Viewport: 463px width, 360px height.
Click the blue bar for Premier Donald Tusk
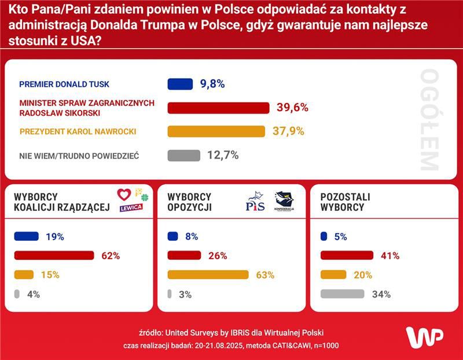coord(180,84)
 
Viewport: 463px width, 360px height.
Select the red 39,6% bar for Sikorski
coord(218,108)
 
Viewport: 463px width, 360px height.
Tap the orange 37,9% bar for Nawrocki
coord(216,131)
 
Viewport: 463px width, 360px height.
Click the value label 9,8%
coord(212,84)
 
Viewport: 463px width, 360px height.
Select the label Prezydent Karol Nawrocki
coord(78,131)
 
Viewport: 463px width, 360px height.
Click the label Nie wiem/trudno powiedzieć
coord(79,156)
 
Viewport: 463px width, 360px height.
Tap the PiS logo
coord(255,202)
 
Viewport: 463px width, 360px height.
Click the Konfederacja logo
coord(284,201)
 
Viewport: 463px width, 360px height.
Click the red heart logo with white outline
coord(124,194)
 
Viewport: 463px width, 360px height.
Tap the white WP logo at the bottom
coord(424,337)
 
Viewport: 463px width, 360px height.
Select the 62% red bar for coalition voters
coord(53,255)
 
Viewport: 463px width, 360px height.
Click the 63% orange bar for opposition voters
coord(208,274)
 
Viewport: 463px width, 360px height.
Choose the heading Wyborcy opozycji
coord(189,202)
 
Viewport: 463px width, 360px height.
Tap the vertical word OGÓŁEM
coord(429,120)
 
